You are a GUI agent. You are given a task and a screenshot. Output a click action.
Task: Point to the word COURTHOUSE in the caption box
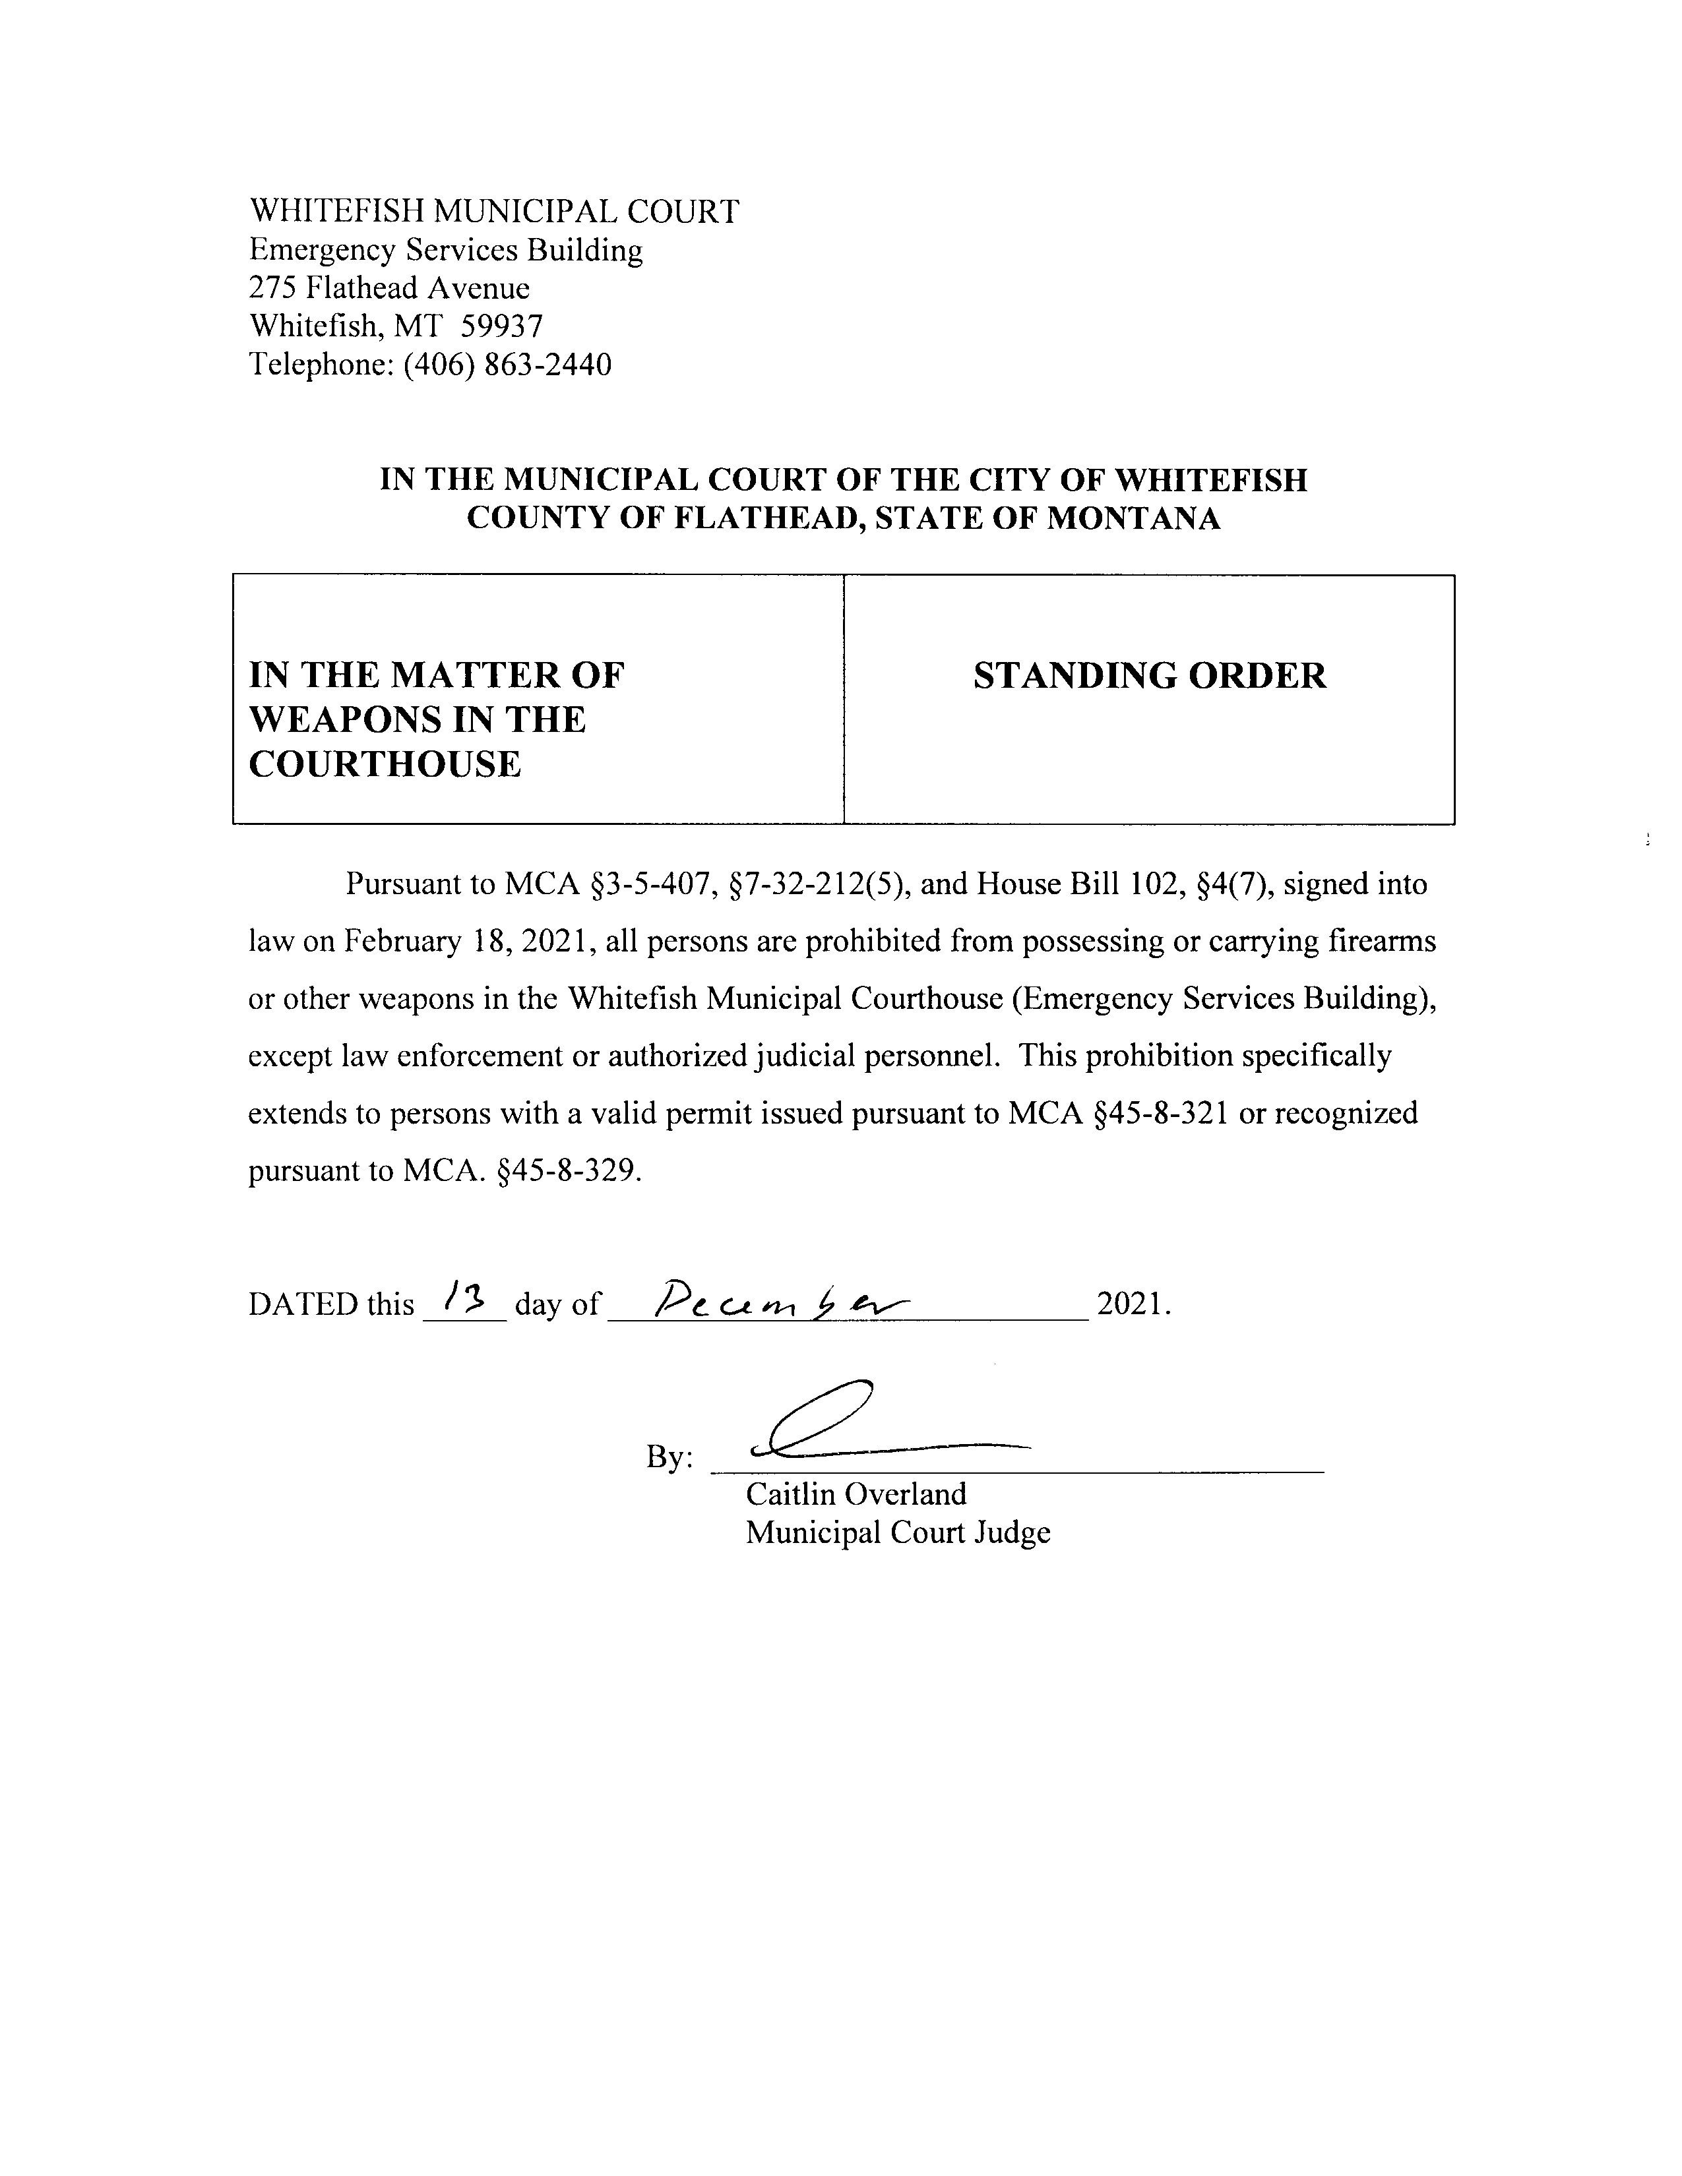click(385, 764)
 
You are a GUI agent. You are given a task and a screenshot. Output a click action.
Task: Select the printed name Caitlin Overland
click(856, 1494)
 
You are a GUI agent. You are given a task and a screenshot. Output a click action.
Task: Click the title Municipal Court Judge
click(898, 1532)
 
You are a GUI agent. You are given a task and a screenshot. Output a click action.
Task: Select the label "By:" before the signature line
click(670, 1457)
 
